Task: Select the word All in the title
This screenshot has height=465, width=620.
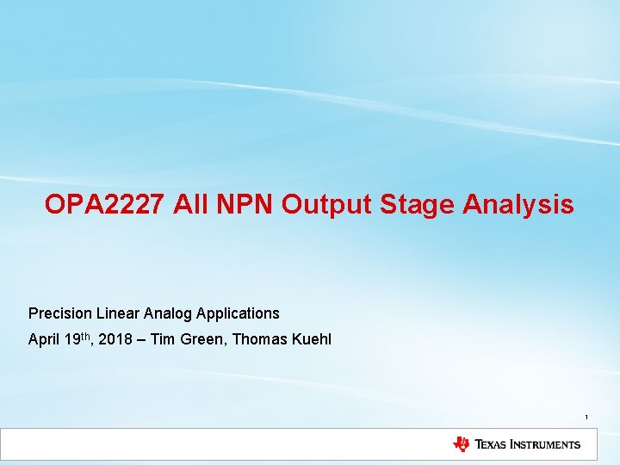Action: [x=189, y=205]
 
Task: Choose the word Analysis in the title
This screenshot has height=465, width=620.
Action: [x=518, y=205]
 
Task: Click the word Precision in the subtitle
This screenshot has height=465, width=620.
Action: [x=58, y=313]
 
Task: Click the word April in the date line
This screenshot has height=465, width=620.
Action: [x=44, y=339]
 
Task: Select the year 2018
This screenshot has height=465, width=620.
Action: [x=115, y=339]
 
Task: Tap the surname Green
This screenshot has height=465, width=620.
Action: [x=201, y=339]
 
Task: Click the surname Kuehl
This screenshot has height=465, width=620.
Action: [x=312, y=339]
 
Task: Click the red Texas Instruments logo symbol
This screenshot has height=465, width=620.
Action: [x=462, y=444]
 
